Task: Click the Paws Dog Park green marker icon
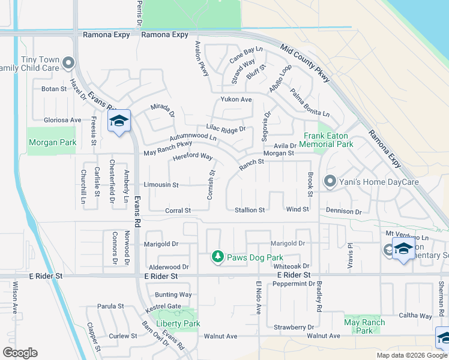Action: click(x=218, y=257)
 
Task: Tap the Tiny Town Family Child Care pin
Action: click(x=69, y=62)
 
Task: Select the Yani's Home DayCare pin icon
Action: click(x=329, y=181)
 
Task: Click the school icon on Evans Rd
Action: click(x=119, y=121)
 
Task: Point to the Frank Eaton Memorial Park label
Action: click(x=327, y=140)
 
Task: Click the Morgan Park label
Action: click(x=52, y=142)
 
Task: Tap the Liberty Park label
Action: click(x=178, y=323)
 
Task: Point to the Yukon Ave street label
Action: click(x=236, y=100)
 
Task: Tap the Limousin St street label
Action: click(x=161, y=185)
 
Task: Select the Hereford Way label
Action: click(x=193, y=157)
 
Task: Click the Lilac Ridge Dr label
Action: click(x=226, y=128)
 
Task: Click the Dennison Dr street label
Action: click(x=344, y=211)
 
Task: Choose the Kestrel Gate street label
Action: click(x=163, y=306)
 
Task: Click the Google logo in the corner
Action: click(x=20, y=353)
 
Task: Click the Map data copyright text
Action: click(x=412, y=355)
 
